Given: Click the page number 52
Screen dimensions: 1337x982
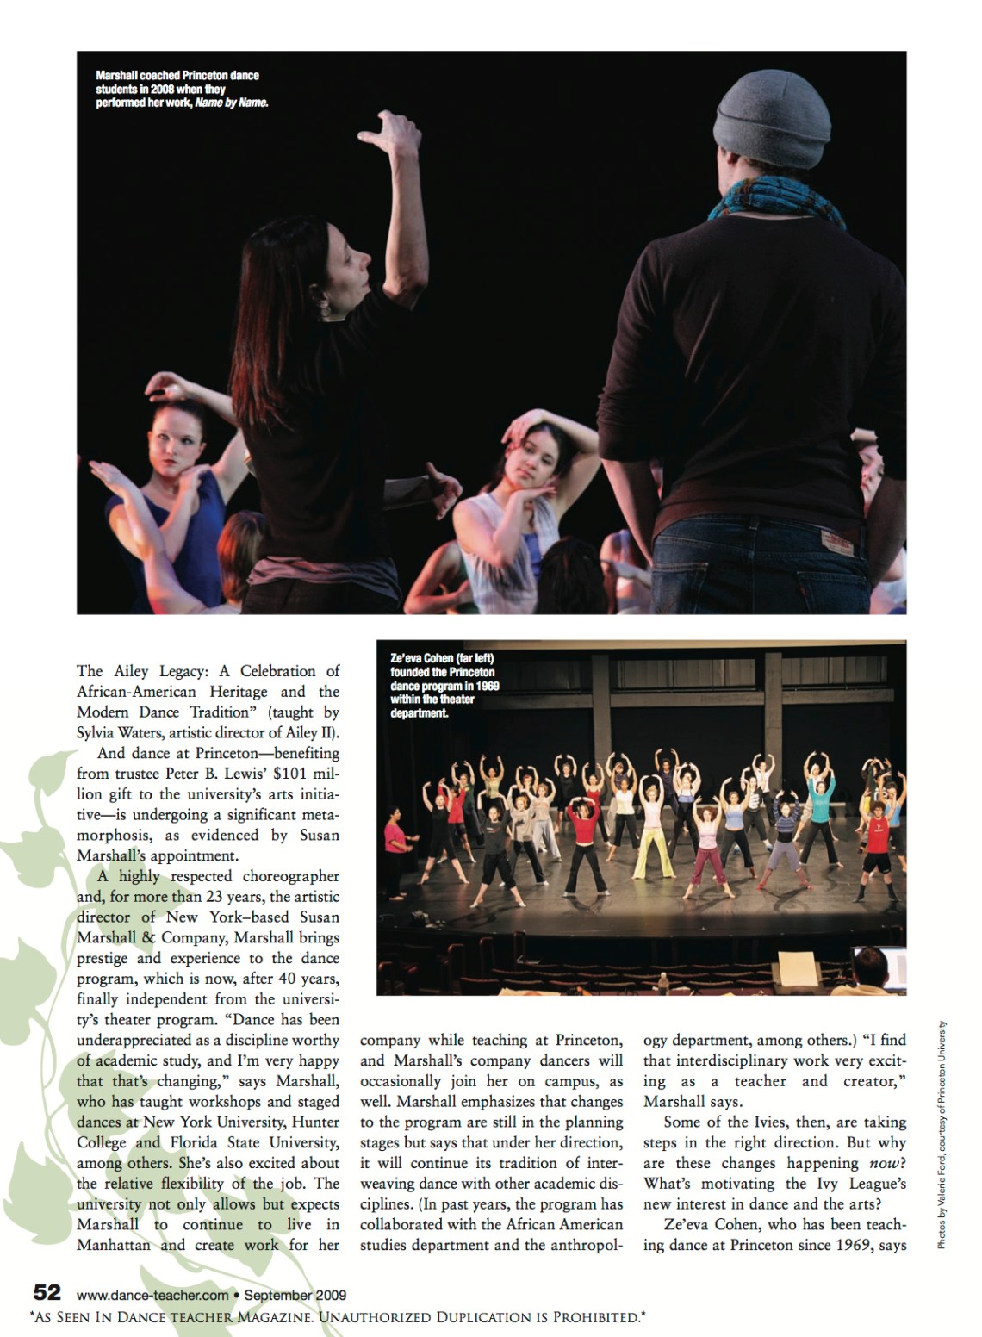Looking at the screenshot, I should (47, 1293).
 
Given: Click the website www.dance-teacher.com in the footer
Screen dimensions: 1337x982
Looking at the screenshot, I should (152, 1294).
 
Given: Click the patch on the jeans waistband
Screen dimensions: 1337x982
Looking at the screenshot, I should (833, 541).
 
